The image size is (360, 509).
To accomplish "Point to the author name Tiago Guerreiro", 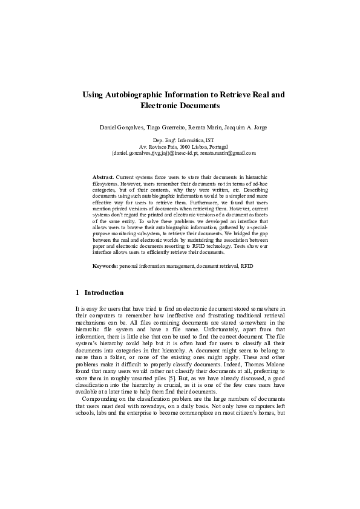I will point(168,128).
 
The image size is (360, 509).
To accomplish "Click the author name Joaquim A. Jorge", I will point(246,128).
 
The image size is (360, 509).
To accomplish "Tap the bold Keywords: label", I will point(105,266).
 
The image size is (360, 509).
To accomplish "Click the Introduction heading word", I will point(104,293).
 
